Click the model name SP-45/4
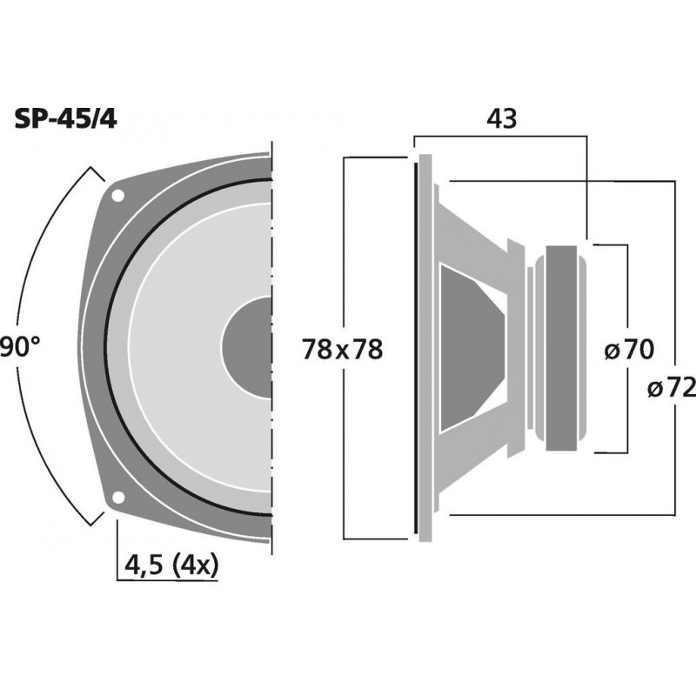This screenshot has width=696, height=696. click(66, 119)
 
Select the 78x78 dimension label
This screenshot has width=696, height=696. click(343, 350)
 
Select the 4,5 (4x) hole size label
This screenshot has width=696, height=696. click(171, 565)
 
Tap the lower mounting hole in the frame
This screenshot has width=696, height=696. click(117, 499)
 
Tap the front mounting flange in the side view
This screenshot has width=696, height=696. click(425, 348)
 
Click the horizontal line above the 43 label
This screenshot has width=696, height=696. click(500, 135)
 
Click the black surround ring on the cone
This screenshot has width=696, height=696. click(108, 348)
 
